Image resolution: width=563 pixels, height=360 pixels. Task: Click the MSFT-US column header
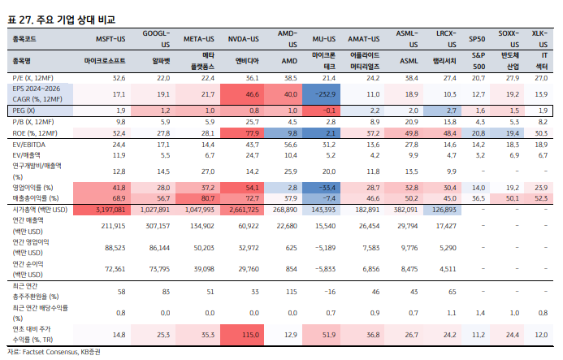(x=110, y=38)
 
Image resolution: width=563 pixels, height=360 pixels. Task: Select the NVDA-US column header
(x=243, y=38)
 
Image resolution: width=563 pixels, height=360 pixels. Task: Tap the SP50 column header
(x=478, y=38)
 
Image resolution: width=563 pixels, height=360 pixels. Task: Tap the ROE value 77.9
(x=251, y=132)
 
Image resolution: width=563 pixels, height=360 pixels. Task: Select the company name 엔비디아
(x=247, y=61)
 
